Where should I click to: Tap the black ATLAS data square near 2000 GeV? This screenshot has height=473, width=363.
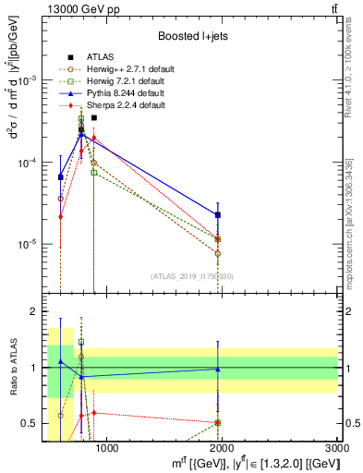pos(218,214)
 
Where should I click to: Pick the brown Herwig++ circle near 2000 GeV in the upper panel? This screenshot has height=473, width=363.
pos(218,253)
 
